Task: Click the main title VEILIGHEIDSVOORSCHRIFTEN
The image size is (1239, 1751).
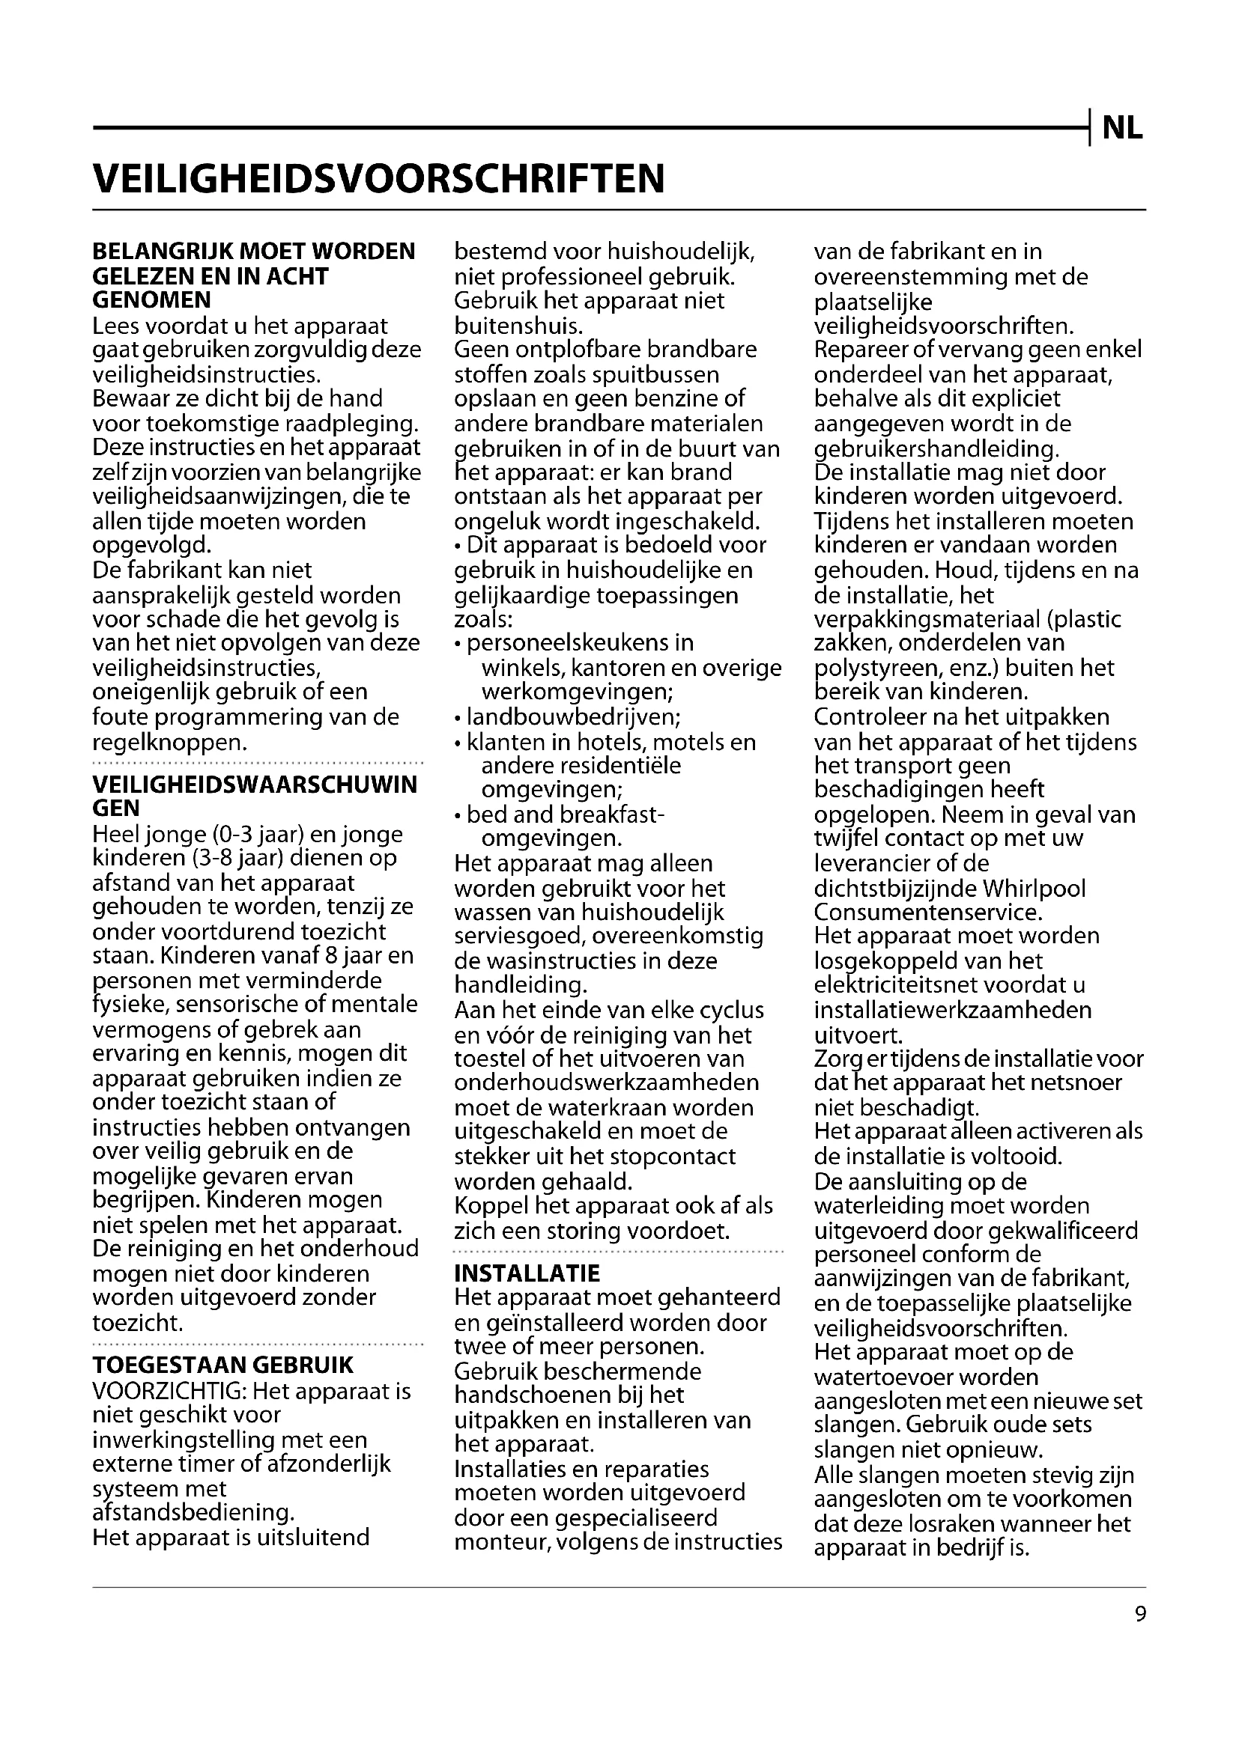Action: tap(378, 178)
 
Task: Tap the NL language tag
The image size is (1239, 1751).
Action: tap(1122, 130)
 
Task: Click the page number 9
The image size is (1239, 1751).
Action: tap(1141, 1614)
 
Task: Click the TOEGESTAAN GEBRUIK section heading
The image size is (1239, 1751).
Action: tap(222, 1365)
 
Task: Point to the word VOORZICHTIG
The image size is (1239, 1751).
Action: tap(167, 1391)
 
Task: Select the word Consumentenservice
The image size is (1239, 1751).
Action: tap(926, 912)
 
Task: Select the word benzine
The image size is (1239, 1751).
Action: tap(691, 398)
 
